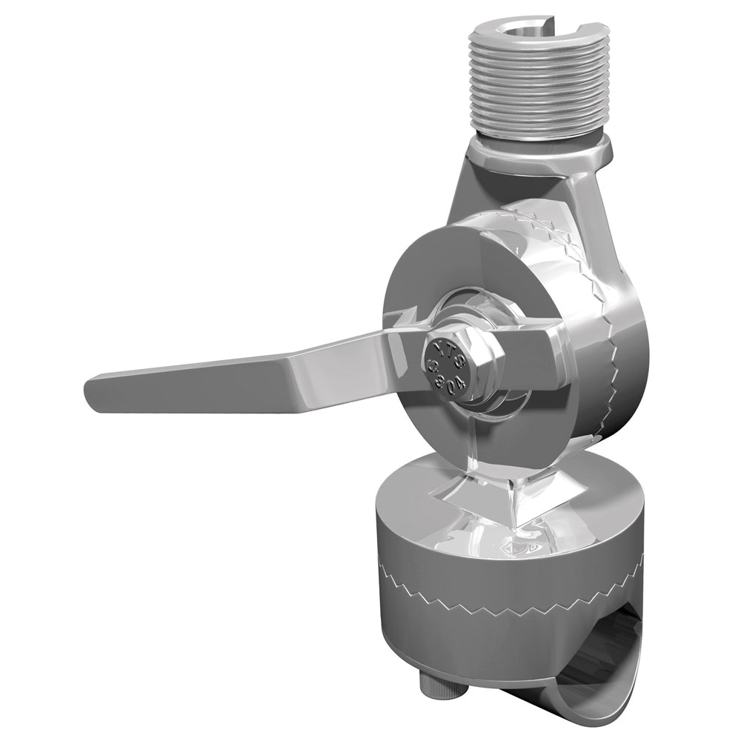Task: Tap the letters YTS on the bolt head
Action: pyautogui.click(x=445, y=354)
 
